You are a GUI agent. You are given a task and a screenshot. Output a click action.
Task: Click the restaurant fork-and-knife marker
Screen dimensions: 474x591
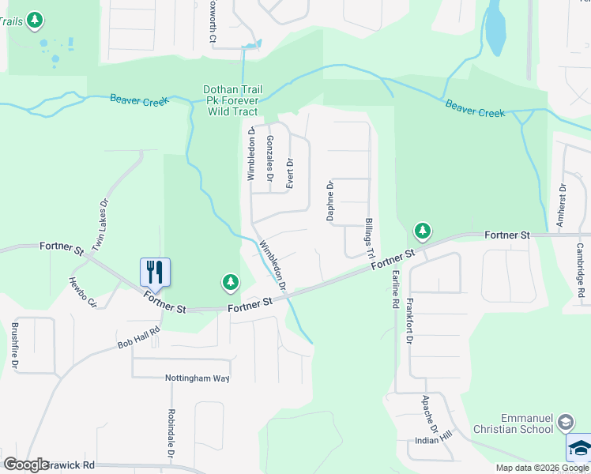coord(155,272)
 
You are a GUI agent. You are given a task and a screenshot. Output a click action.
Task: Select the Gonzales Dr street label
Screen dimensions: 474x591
coord(270,159)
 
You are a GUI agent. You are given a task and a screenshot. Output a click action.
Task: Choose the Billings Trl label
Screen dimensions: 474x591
coord(368,237)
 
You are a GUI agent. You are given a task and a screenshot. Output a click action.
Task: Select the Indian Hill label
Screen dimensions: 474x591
coord(435,440)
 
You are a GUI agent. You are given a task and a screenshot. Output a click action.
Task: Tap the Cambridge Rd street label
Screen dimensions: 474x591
coord(581,269)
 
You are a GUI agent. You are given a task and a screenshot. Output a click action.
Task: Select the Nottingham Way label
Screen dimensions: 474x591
coord(197,378)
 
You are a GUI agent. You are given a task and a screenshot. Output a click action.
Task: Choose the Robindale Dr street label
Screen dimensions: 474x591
coord(170,434)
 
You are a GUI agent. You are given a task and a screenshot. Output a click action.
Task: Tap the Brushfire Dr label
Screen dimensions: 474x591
coord(15,345)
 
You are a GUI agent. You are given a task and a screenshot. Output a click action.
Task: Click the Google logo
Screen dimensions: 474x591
coord(26,465)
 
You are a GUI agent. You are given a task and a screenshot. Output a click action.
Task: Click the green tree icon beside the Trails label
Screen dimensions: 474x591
coord(34,20)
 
